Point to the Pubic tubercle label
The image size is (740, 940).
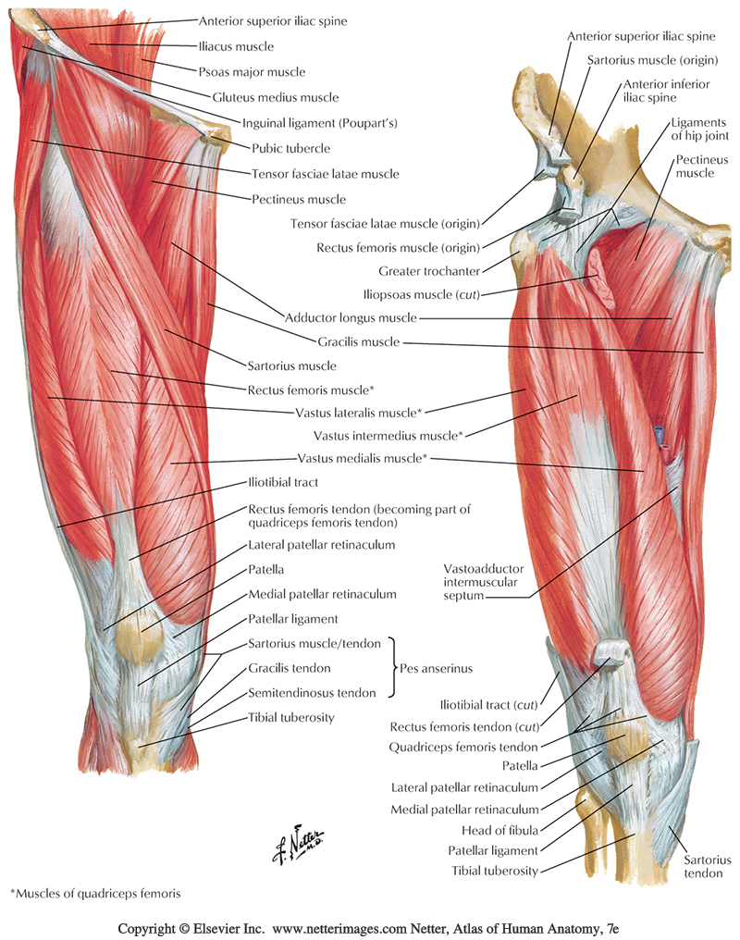click(290, 147)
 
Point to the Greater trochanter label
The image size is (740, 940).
click(428, 271)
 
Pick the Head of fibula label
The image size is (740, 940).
click(503, 829)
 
